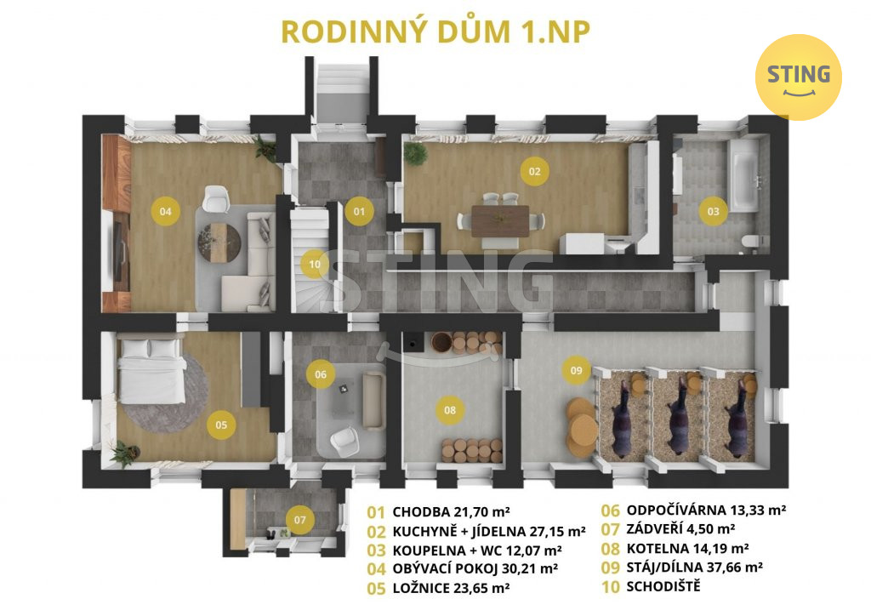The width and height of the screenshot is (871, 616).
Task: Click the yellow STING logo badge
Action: pos(798,77)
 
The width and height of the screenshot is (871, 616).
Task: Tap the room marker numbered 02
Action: pos(534,171)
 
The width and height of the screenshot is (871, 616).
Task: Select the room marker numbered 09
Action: pos(576,370)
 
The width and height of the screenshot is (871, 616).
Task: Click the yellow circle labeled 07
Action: pos(300,520)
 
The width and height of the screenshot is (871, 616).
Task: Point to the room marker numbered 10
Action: pos(315,265)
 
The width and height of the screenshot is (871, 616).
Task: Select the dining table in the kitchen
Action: pos(500,221)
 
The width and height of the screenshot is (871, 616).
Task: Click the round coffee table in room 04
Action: pos(219,242)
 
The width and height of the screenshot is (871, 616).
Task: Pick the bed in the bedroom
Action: pos(151,369)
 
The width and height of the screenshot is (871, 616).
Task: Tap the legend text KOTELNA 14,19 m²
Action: pos(687,548)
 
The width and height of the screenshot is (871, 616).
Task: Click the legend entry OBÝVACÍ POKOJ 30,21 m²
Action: pos(475,568)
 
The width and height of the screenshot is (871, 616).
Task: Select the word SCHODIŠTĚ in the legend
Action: pos(663,586)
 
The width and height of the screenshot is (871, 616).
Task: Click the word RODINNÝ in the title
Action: pos(355,31)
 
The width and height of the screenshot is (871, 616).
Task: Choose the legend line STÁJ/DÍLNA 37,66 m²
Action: pos(694,568)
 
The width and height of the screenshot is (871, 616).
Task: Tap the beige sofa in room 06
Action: pos(374,401)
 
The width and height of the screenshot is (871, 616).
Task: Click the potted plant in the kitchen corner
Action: pos(414,153)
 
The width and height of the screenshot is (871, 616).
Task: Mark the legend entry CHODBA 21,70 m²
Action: pos(451,511)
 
